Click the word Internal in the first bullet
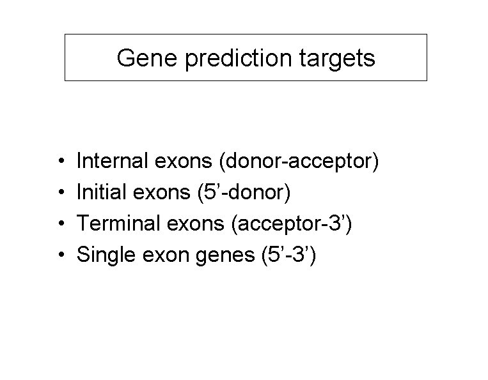point(112,162)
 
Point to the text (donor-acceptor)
point(299,162)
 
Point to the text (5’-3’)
point(287,255)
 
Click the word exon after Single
point(158,255)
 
